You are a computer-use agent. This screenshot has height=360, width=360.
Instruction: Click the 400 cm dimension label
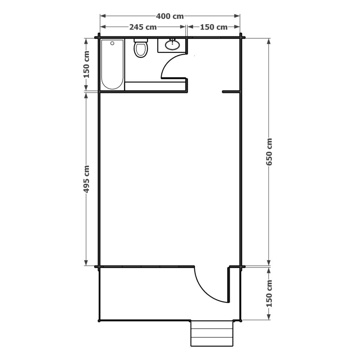(170, 16)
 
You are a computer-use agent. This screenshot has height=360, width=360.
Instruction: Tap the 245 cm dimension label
(143, 27)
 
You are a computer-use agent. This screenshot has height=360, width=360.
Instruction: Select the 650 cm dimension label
(269, 152)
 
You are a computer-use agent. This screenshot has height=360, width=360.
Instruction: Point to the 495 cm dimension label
(86, 179)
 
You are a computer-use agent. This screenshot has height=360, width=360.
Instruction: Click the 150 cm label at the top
(214, 27)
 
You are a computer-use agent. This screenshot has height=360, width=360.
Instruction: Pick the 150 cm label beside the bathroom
(86, 64)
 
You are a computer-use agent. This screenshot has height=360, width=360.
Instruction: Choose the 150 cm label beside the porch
(269, 294)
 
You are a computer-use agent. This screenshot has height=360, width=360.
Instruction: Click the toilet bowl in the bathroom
(141, 50)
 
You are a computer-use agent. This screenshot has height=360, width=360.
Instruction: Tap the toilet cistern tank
(141, 40)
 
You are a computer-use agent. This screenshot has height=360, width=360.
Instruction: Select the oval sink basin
(172, 45)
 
